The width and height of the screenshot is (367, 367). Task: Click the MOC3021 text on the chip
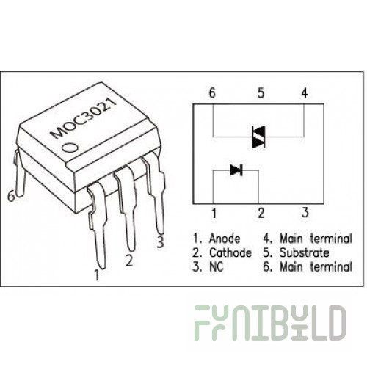pos(84,118)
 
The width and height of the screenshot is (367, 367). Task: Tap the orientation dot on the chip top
pos(70,148)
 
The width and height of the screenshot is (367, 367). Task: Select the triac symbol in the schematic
pos(258,137)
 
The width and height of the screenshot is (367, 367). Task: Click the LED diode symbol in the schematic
pos(236,170)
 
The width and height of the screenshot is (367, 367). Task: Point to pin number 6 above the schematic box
pos(212,93)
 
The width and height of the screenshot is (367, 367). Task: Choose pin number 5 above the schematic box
pos(261,93)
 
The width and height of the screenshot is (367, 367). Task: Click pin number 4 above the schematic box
pos(305,93)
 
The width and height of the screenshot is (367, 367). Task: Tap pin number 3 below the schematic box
pos(305,212)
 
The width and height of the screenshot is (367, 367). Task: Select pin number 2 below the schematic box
pos(261,213)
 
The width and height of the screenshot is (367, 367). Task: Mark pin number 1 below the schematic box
pos(214,213)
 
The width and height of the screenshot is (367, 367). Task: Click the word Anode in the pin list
pos(225,239)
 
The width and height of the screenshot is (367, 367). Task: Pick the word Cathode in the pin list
pos(230,252)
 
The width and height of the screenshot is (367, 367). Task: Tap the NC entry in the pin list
pos(217,266)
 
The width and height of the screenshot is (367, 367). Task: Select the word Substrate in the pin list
pos(305,252)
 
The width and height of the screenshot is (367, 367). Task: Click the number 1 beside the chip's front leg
pos(97,275)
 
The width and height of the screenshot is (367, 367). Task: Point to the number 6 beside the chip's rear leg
pos(11,196)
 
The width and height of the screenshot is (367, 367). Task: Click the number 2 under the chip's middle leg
pos(129,261)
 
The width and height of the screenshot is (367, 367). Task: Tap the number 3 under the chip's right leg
pos(160,242)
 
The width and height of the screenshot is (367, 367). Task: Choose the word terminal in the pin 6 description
pos(331,266)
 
